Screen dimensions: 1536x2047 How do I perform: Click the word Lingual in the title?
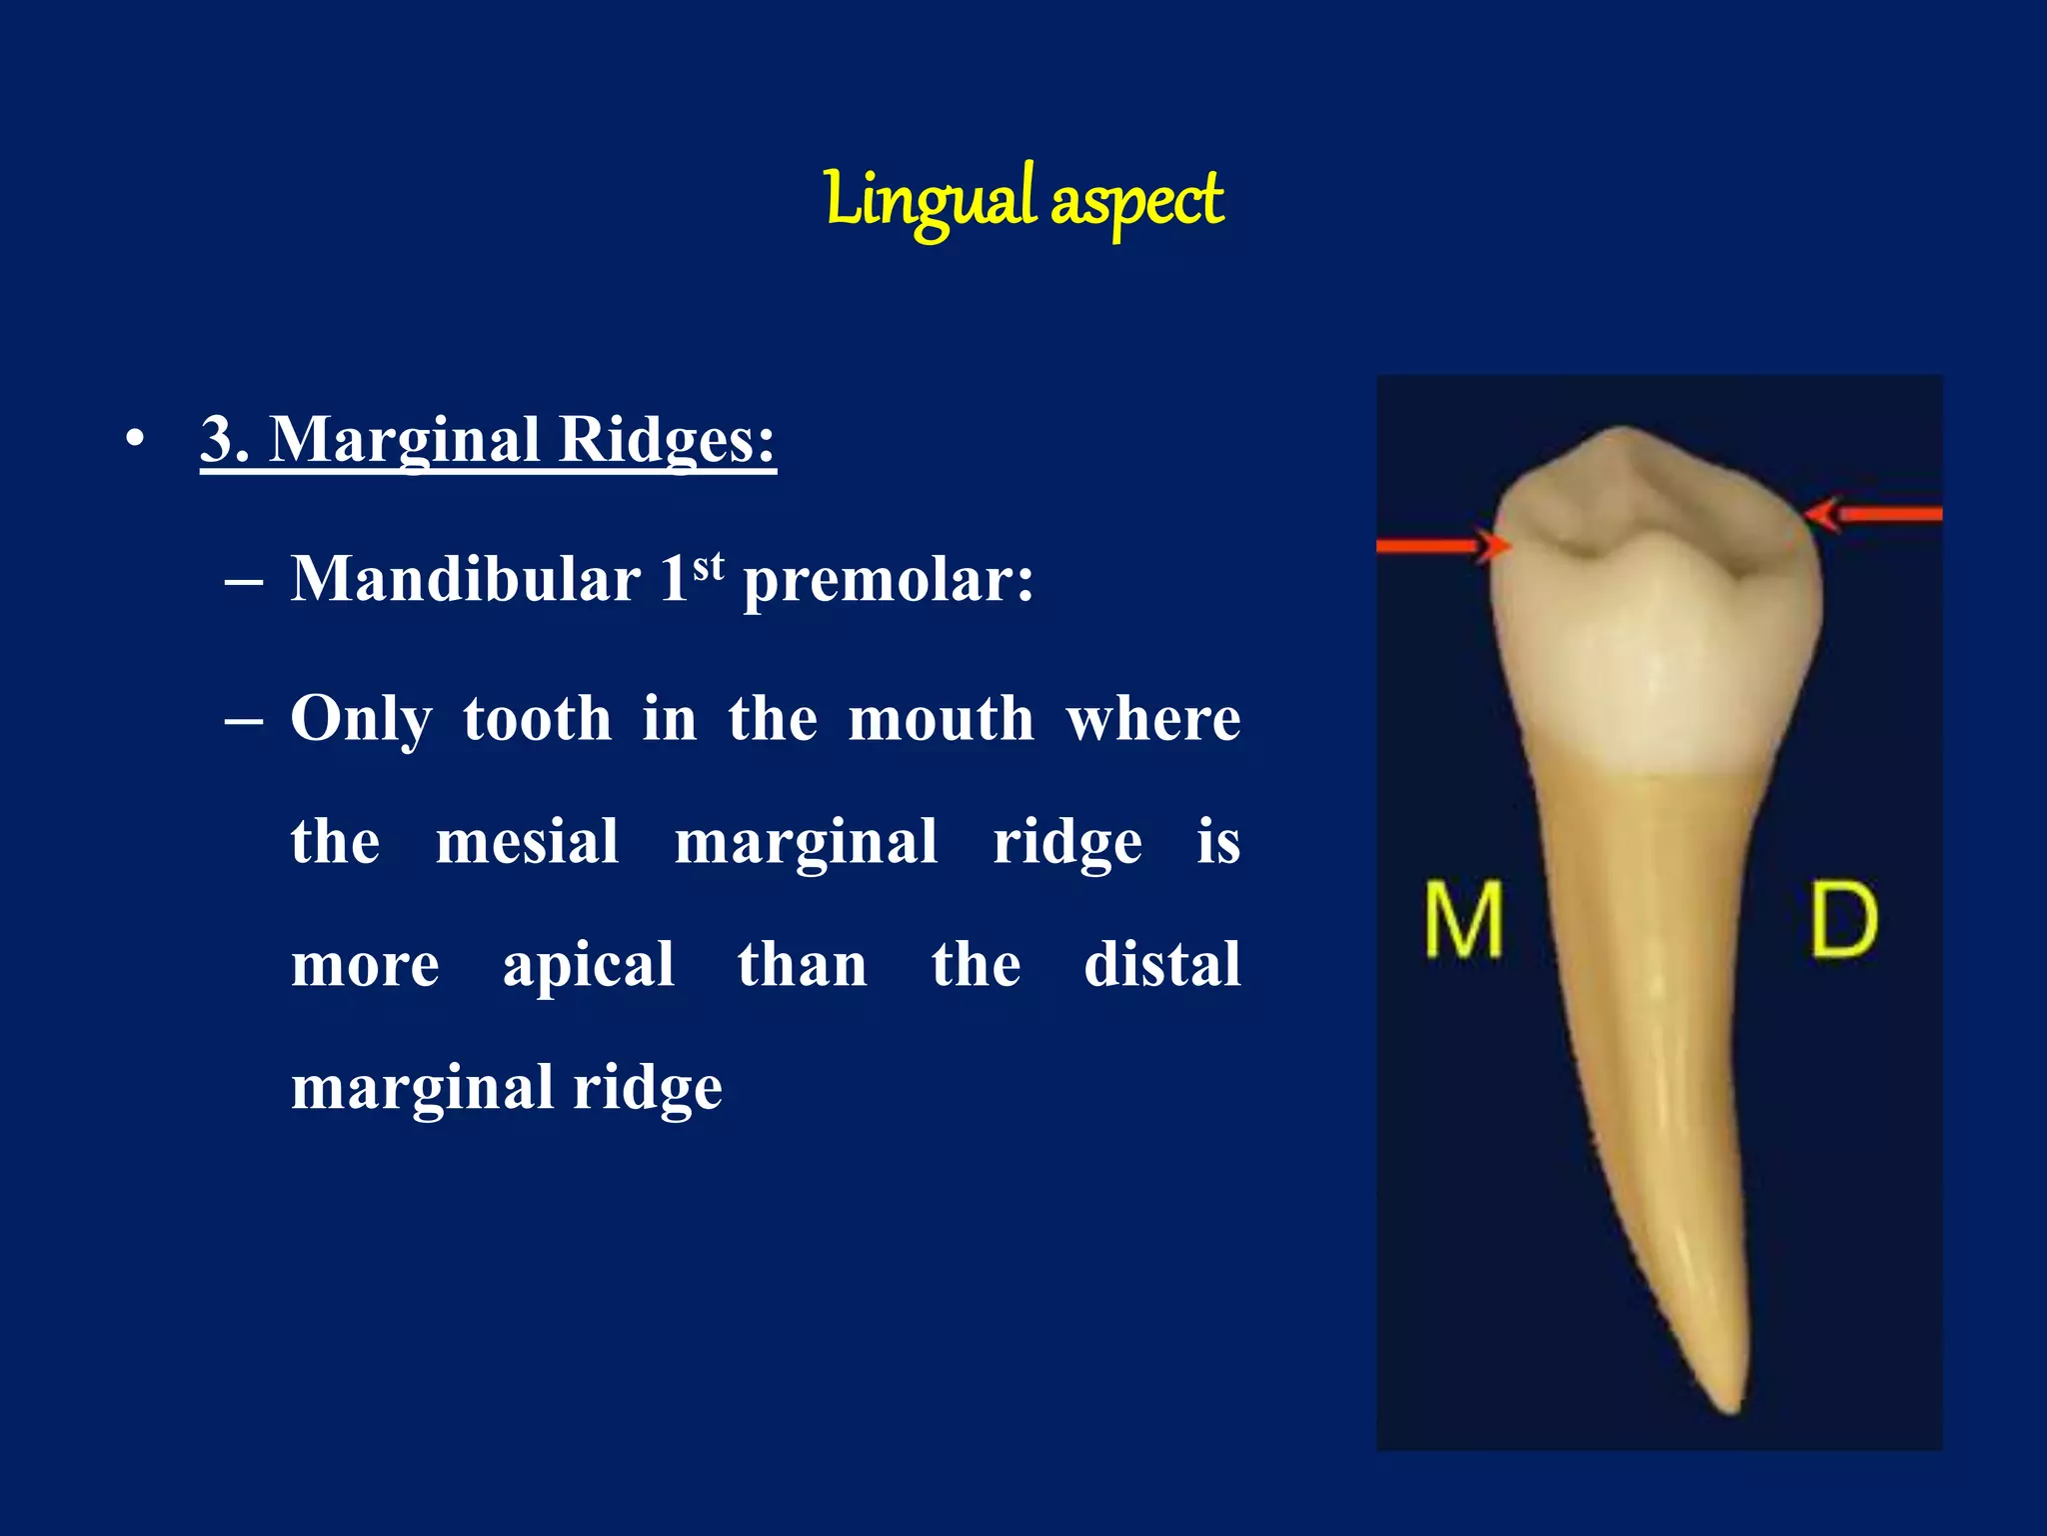pyautogui.click(x=930, y=200)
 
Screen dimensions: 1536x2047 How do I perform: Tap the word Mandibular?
pyautogui.click(x=465, y=579)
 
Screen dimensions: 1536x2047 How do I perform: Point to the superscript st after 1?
pyautogui.click(x=708, y=566)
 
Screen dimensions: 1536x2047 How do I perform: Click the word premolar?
pyautogui.click(x=888, y=581)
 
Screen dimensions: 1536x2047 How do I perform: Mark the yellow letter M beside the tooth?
pyautogui.click(x=1463, y=919)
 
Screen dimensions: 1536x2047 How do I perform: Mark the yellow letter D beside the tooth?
pyautogui.click(x=1844, y=921)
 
